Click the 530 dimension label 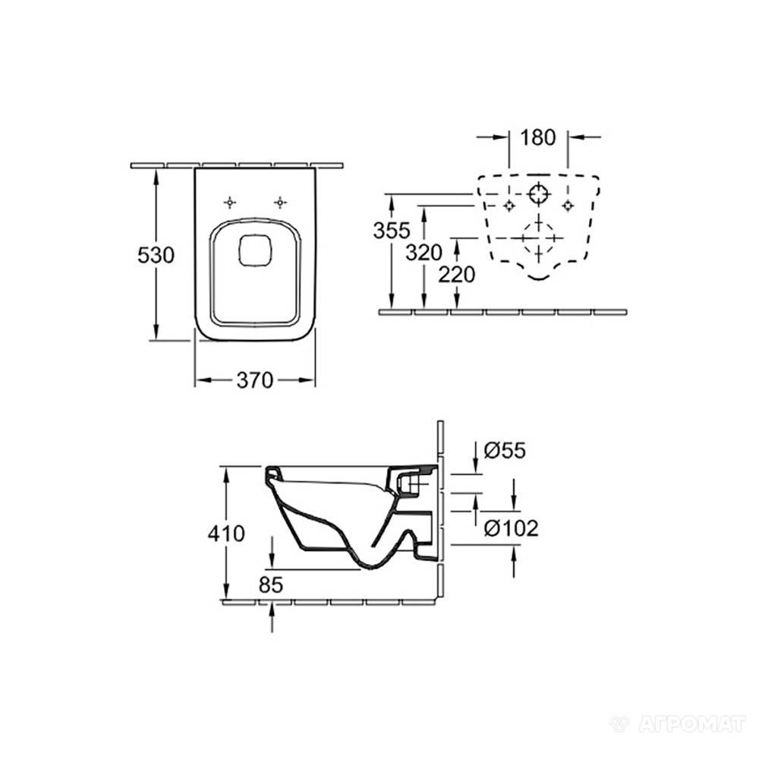pyautogui.click(x=156, y=255)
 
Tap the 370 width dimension pyautogui.click(x=255, y=380)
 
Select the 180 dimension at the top pyautogui.click(x=538, y=137)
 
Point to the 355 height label pyautogui.click(x=392, y=231)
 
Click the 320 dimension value pyautogui.click(x=424, y=252)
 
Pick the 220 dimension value pyautogui.click(x=456, y=275)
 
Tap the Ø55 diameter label pyautogui.click(x=505, y=451)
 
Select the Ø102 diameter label pyautogui.click(x=511, y=528)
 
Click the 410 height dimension pyautogui.click(x=226, y=534)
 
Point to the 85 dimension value pyautogui.click(x=271, y=584)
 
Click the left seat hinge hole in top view pyautogui.click(x=230, y=203)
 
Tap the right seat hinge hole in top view pyautogui.click(x=280, y=203)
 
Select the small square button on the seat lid pyautogui.click(x=257, y=250)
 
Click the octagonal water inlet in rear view pyautogui.click(x=538, y=194)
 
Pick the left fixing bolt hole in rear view pyautogui.click(x=509, y=206)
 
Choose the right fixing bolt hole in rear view pyautogui.click(x=567, y=206)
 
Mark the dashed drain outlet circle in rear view pyautogui.click(x=539, y=238)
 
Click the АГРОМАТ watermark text pyautogui.click(x=691, y=724)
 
